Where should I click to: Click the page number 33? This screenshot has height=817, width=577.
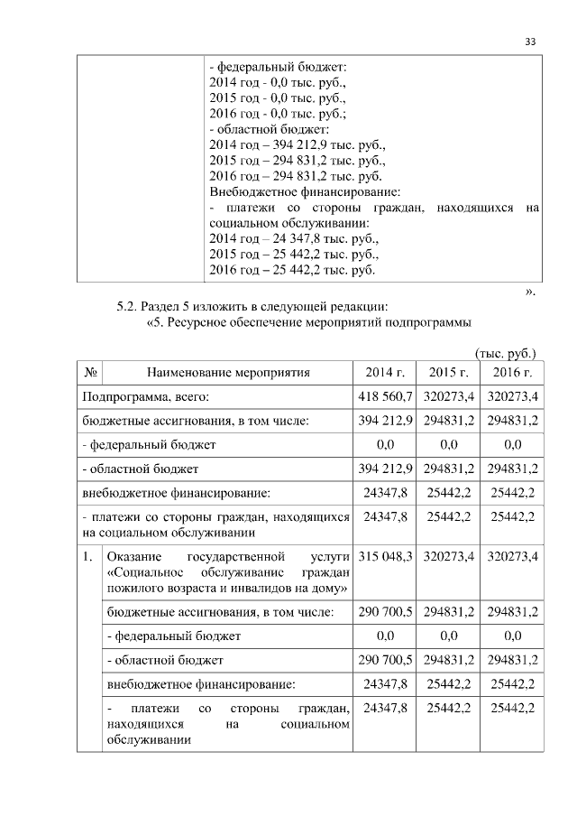click(x=530, y=42)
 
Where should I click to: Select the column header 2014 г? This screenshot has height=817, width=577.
click(x=385, y=372)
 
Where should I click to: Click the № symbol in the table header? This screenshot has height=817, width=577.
click(x=90, y=372)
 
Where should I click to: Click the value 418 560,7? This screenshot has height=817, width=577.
click(x=385, y=396)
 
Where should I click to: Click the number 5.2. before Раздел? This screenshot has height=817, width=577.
click(x=132, y=305)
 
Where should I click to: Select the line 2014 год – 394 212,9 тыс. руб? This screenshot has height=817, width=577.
click(x=297, y=144)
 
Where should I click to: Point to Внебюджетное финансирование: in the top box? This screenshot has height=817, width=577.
click(x=304, y=191)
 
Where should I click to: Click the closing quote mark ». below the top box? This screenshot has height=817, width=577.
click(x=530, y=291)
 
